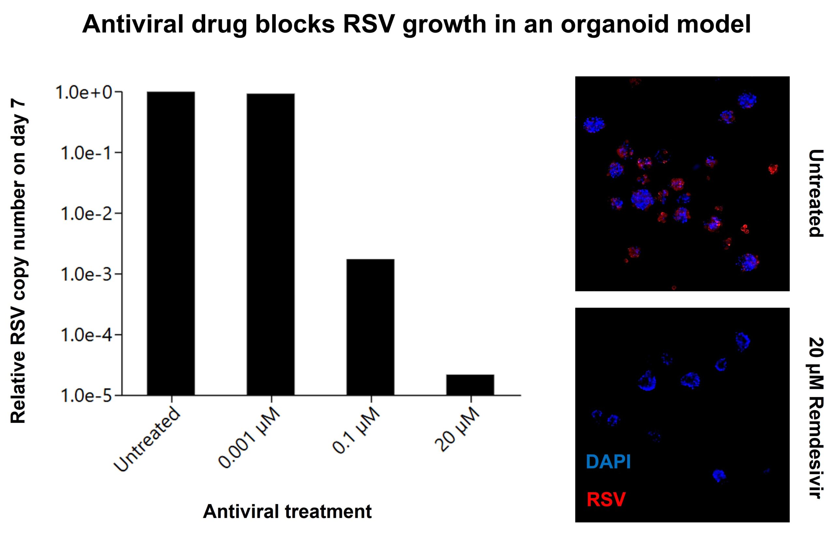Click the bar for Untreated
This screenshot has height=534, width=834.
[170, 244]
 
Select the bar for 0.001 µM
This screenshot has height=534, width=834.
[271, 245]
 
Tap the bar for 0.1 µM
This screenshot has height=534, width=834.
[370, 327]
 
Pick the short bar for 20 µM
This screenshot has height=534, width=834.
[470, 385]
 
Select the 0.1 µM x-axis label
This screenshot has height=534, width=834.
[356, 430]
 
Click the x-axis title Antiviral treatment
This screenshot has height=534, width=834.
[287, 512]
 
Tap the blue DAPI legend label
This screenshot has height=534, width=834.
[608, 462]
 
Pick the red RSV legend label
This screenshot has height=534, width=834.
[606, 499]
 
